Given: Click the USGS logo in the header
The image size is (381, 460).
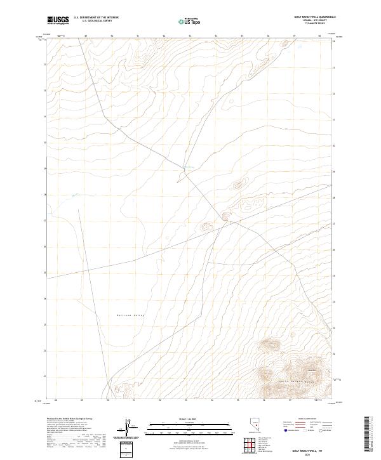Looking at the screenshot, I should click(58, 20).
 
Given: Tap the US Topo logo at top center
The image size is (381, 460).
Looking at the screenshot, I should click(190, 21).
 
